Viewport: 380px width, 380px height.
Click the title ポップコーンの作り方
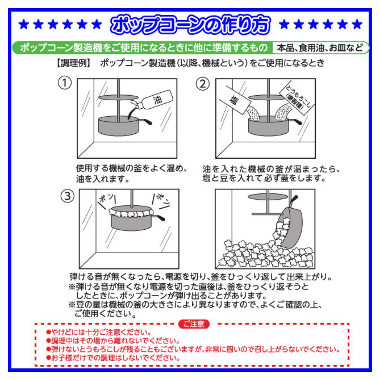point(190,25)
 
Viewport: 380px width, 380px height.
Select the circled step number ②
point(203,84)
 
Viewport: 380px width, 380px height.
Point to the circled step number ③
point(67,196)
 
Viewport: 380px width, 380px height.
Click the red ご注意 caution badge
point(194,324)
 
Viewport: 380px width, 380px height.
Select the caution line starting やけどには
point(98,332)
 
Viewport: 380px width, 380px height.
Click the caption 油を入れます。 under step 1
point(103,179)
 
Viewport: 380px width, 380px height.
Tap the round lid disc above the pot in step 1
point(118,97)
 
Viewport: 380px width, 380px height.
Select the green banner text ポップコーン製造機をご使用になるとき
point(144,48)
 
